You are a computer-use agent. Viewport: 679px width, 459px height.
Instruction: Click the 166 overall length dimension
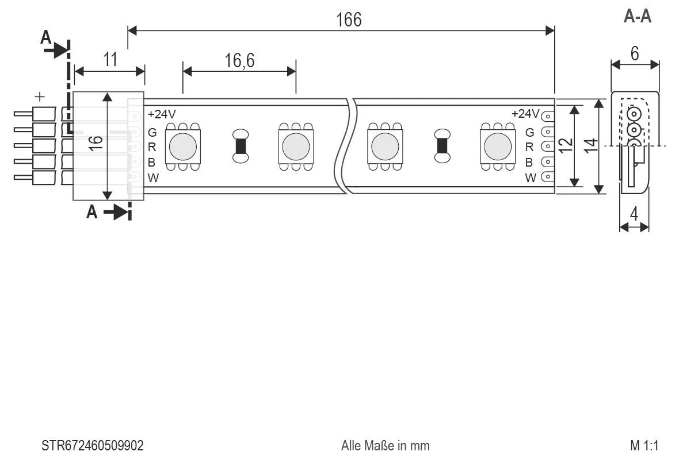tap(349, 20)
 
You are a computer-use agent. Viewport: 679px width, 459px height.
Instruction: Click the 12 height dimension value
tap(567, 145)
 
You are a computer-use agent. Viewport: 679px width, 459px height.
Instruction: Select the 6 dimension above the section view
tap(635, 53)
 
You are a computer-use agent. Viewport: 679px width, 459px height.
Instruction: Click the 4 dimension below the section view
tap(634, 215)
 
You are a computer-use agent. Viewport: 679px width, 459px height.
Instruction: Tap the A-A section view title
tap(638, 17)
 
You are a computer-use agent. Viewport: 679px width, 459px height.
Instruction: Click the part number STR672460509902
tap(93, 446)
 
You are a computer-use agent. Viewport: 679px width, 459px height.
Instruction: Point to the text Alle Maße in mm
tap(385, 446)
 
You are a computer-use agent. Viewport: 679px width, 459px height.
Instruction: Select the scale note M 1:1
tap(644, 446)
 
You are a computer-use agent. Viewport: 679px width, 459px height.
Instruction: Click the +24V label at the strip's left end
tap(162, 114)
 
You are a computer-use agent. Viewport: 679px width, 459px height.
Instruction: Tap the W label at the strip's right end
tap(530, 178)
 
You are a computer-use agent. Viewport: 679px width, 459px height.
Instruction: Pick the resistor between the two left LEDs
tap(241, 146)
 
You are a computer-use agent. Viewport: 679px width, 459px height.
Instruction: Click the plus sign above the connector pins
tap(40, 96)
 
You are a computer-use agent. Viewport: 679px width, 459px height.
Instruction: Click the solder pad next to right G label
tap(547, 132)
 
